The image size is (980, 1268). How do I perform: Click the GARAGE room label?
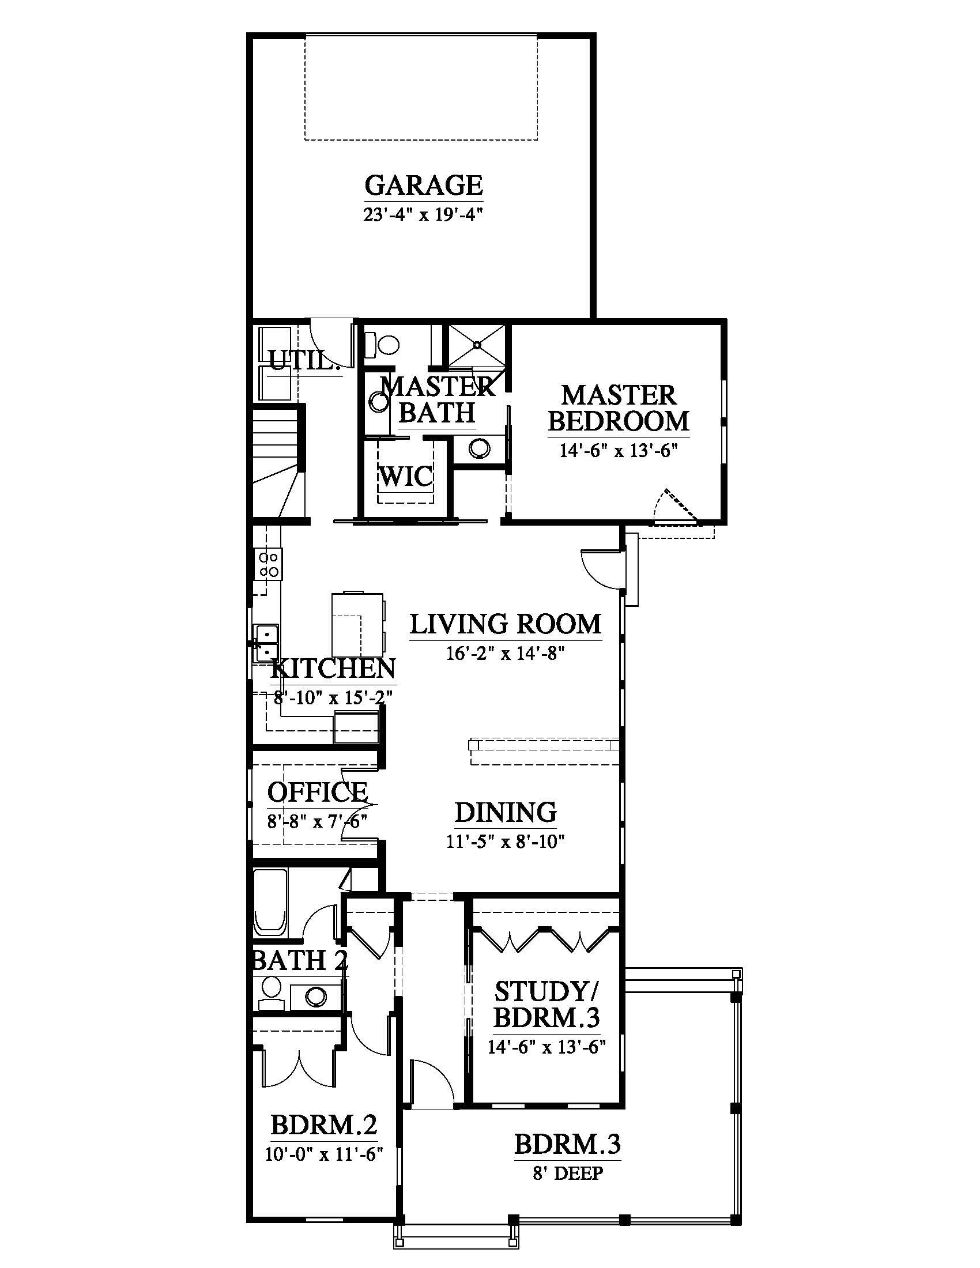424,185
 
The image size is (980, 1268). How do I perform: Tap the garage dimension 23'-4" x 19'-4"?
424,215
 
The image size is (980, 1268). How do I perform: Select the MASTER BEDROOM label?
619,408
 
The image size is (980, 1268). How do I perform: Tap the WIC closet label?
406,477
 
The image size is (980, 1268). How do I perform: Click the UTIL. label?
303,361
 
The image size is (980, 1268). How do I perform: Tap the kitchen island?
357,624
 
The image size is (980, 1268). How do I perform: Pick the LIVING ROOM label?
506,624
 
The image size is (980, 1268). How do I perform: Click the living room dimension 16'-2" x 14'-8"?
506,654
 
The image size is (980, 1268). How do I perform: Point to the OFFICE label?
318,791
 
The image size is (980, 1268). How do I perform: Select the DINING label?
506,812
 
